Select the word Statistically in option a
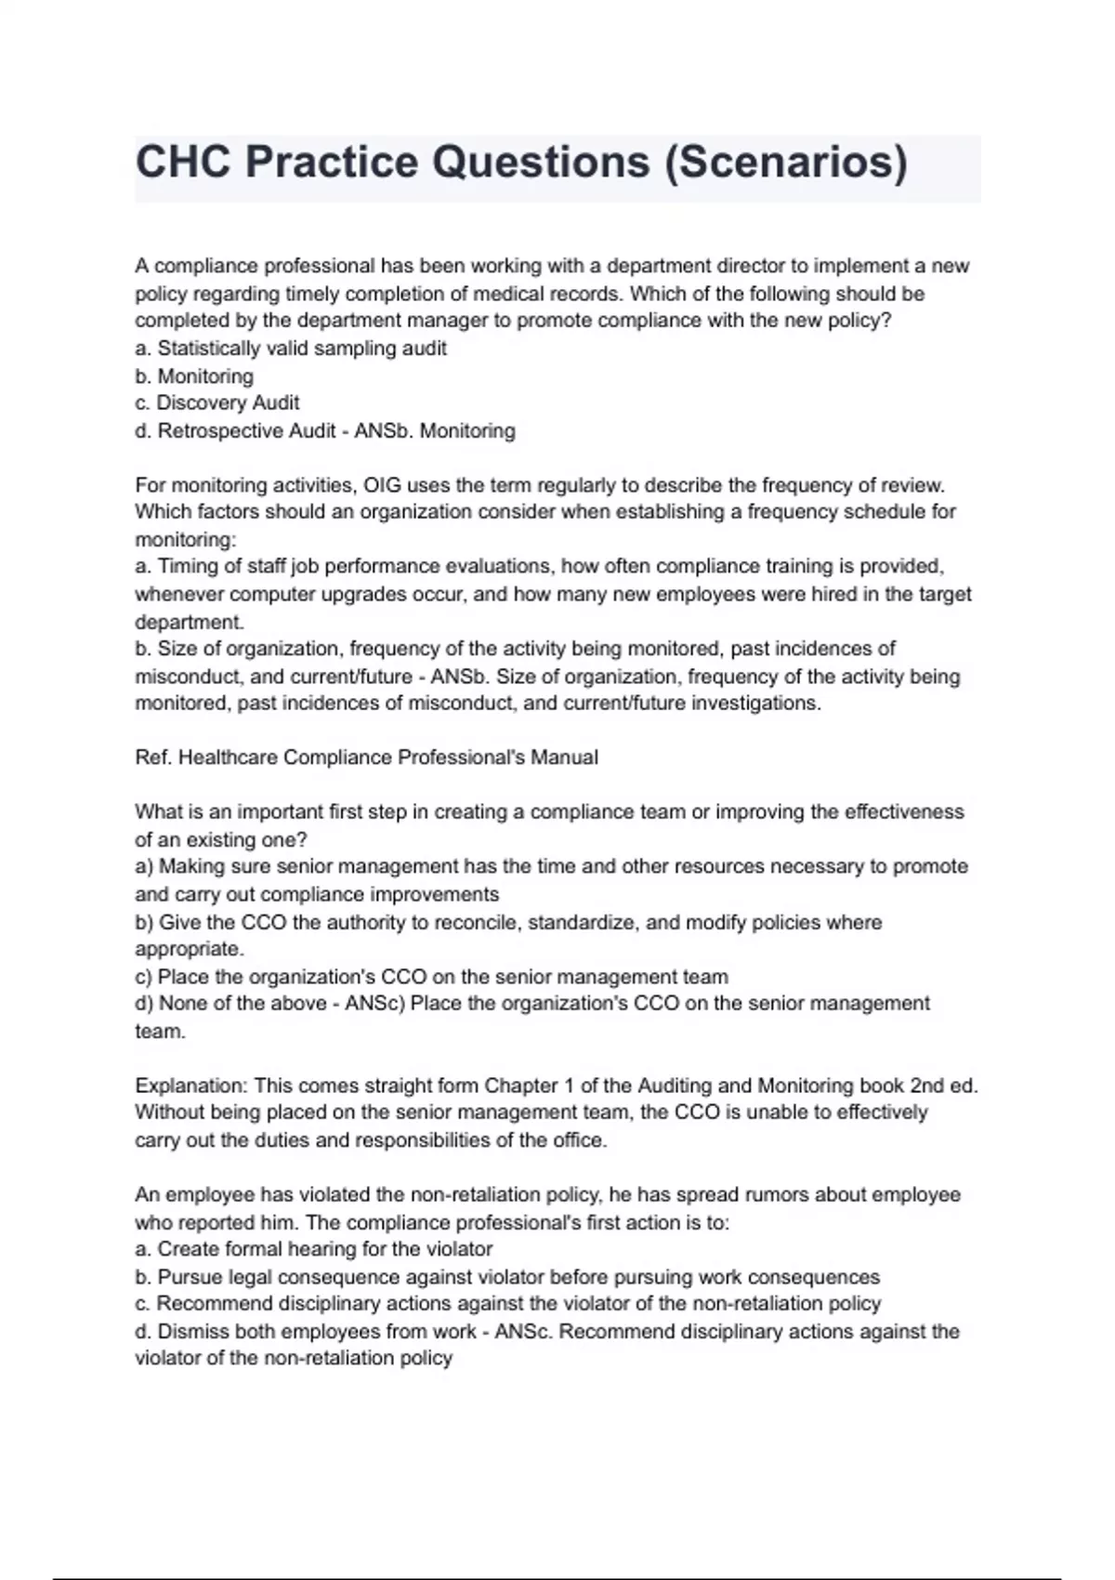click(x=209, y=349)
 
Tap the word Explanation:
click(x=191, y=1086)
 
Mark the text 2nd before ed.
click(x=926, y=1086)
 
